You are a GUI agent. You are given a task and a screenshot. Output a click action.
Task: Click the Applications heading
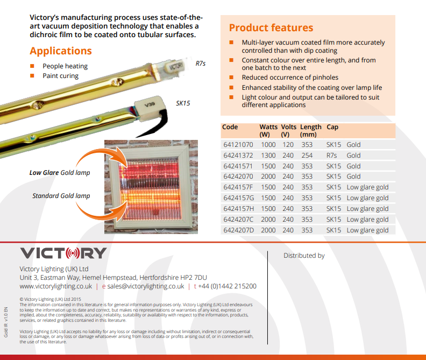pyautogui.click(x=61, y=51)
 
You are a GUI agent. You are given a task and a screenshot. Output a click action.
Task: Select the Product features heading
pyautogui.click(x=271, y=28)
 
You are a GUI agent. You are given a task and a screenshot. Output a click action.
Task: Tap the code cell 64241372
pyautogui.click(x=238, y=156)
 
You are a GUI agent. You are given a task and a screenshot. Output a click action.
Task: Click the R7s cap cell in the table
pyautogui.click(x=331, y=156)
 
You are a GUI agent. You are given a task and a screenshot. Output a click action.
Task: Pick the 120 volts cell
pyautogui.click(x=288, y=145)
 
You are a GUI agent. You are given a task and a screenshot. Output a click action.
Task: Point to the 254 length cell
pyautogui.click(x=307, y=156)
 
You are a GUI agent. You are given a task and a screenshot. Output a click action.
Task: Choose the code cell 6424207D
pyautogui.click(x=238, y=230)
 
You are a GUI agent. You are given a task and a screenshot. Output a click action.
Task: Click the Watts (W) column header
pyautogui.click(x=268, y=131)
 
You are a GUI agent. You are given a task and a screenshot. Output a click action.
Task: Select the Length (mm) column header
pyautogui.click(x=310, y=131)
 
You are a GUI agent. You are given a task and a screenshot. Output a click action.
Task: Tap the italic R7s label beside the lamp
pyautogui.click(x=201, y=63)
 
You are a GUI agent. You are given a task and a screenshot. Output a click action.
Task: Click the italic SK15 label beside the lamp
pyautogui.click(x=183, y=103)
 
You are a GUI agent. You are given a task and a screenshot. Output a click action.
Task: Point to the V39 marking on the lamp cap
pyautogui.click(x=150, y=104)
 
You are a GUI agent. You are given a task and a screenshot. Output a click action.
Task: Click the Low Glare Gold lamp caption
pyautogui.click(x=60, y=173)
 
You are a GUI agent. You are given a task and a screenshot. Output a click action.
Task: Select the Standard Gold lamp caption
pyautogui.click(x=61, y=196)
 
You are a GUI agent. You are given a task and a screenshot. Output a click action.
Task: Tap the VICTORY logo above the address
pyautogui.click(x=63, y=253)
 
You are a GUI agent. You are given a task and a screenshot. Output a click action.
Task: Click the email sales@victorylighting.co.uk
pyautogui.click(x=146, y=286)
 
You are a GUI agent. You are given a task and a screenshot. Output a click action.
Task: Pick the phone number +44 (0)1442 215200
pyautogui.click(x=227, y=286)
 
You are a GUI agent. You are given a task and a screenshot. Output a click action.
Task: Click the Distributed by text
pyautogui.click(x=304, y=256)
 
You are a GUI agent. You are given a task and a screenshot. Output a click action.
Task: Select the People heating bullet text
pyautogui.click(x=65, y=66)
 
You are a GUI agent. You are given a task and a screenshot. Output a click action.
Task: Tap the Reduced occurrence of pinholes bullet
pyautogui.click(x=290, y=77)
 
